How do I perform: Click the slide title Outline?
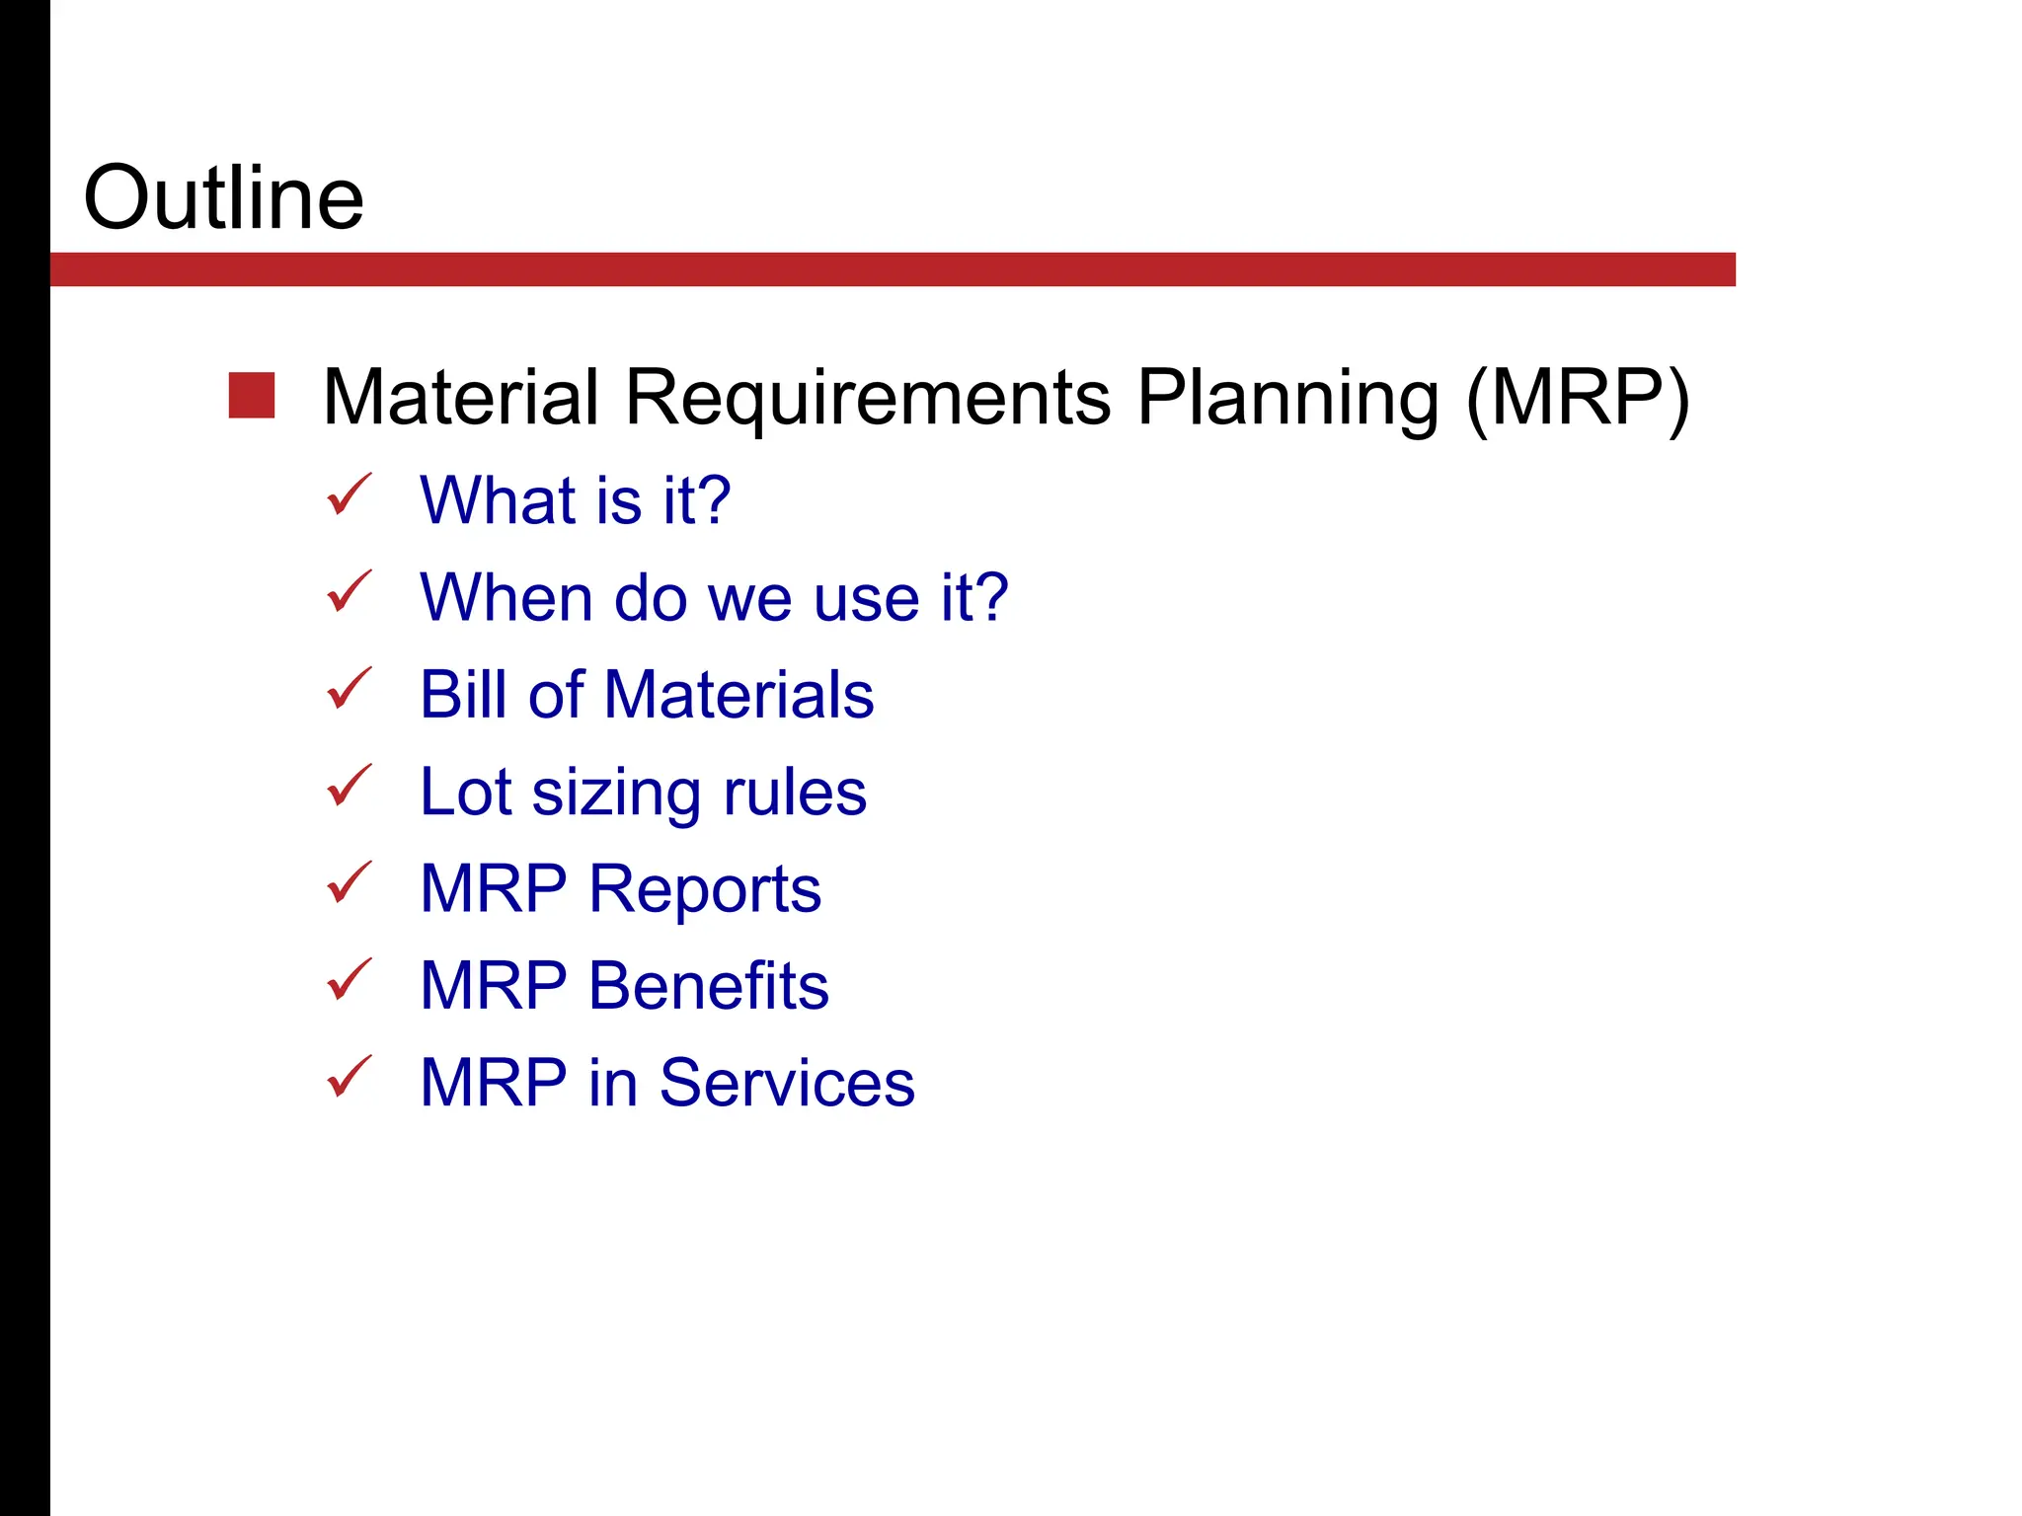(224, 198)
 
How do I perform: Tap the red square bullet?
(252, 396)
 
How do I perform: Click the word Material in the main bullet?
(461, 398)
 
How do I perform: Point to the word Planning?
(1287, 398)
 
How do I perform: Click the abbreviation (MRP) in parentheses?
(1578, 398)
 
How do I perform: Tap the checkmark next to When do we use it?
(349, 592)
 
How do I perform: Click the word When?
(505, 598)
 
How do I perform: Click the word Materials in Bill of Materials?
(739, 695)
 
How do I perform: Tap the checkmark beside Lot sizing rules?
(349, 786)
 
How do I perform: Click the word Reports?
(705, 889)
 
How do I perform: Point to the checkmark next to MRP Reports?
(349, 882)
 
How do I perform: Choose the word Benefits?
(708, 986)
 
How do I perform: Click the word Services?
(787, 1083)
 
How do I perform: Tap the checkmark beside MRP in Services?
(349, 1077)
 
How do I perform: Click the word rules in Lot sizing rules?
(795, 793)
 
